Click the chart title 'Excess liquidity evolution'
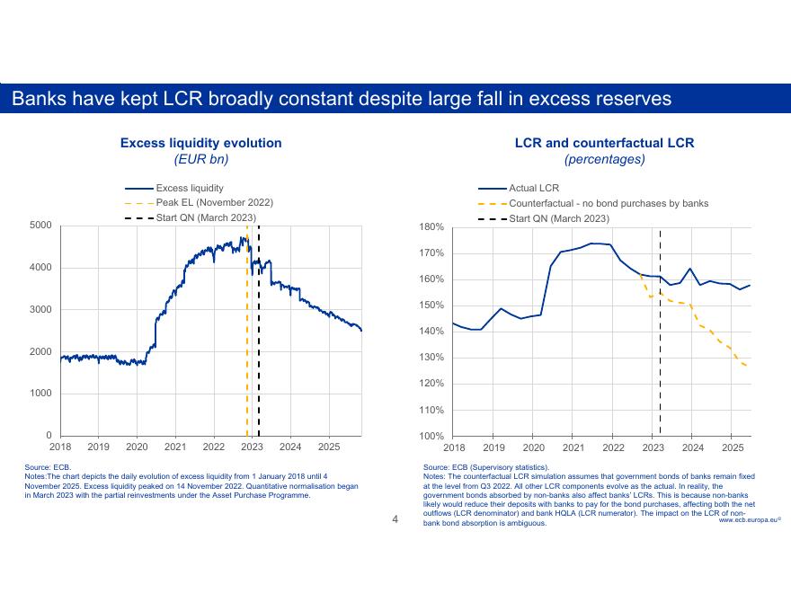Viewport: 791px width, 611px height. pyautogui.click(x=200, y=143)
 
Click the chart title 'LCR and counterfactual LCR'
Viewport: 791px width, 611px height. pyautogui.click(x=604, y=143)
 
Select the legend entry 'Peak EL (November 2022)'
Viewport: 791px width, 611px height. pyautogui.click(x=214, y=203)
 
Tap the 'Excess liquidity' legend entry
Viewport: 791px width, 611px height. pyautogui.click(x=190, y=188)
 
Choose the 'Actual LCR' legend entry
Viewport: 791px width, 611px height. pyautogui.click(x=534, y=188)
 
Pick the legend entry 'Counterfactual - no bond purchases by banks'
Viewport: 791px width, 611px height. pyautogui.click(x=609, y=203)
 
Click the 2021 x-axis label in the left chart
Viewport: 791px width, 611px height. pyautogui.click(x=175, y=447)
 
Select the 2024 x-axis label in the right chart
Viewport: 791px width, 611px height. pyautogui.click(x=692, y=447)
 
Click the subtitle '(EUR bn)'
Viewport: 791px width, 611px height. pyautogui.click(x=200, y=159)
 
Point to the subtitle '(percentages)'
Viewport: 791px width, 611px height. pyautogui.click(x=604, y=159)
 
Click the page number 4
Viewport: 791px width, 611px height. pyautogui.click(x=395, y=518)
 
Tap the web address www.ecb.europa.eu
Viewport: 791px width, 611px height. pyautogui.click(x=749, y=520)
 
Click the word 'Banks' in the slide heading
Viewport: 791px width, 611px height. pyautogui.click(x=38, y=98)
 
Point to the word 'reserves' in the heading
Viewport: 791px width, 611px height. pyautogui.click(x=633, y=98)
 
